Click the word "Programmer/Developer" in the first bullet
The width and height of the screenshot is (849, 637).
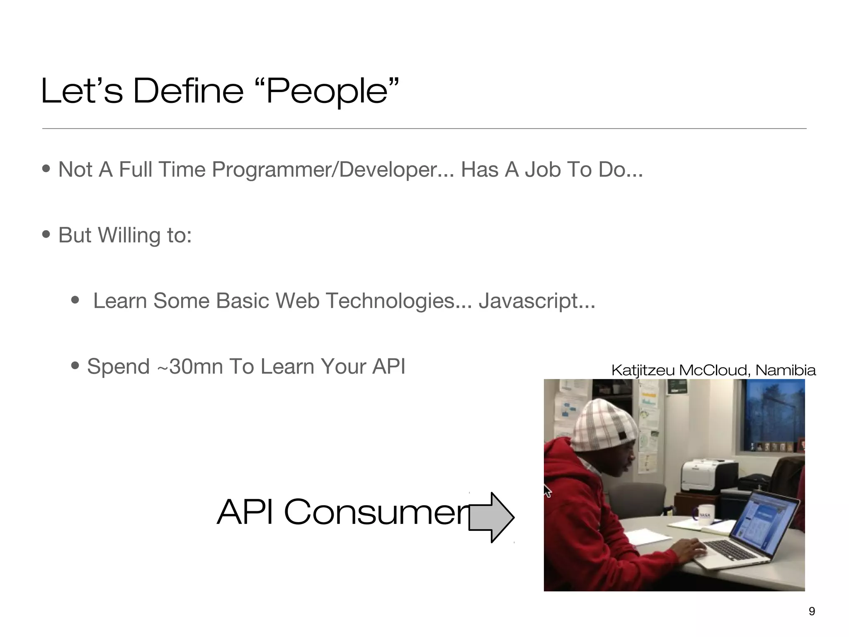[x=325, y=170]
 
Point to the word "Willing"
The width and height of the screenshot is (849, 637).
[x=129, y=235]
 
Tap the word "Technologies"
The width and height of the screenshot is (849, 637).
[x=390, y=301]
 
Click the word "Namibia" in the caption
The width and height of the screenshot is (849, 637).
[x=785, y=370]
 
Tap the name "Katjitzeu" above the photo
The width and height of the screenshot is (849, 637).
[x=643, y=370]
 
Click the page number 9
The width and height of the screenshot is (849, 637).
[x=812, y=611]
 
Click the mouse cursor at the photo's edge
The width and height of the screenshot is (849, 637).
[x=547, y=491]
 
